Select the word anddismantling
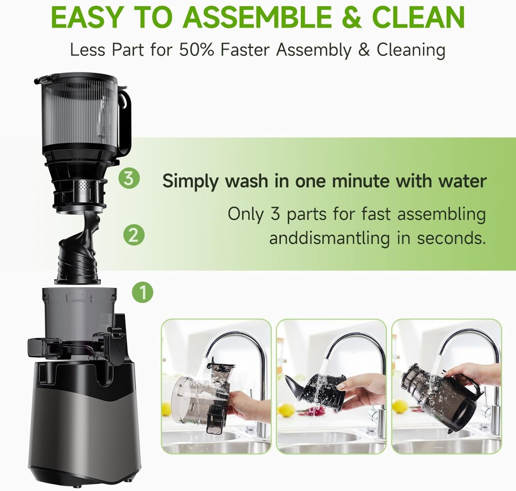[329, 238]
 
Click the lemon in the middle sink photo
[286, 410]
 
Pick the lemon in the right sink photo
[400, 406]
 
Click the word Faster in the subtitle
[246, 50]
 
